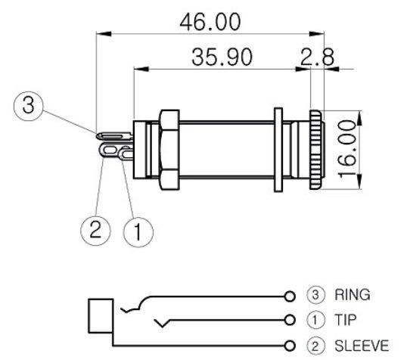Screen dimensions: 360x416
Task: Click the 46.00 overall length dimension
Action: click(x=210, y=21)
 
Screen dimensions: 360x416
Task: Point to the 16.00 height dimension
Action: click(x=347, y=147)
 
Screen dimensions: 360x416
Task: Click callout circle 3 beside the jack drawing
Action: click(x=29, y=105)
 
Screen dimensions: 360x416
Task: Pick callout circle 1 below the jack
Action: click(x=136, y=231)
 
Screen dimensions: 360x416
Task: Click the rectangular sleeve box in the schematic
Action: click(x=101, y=316)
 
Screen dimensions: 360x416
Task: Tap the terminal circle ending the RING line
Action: click(x=289, y=295)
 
